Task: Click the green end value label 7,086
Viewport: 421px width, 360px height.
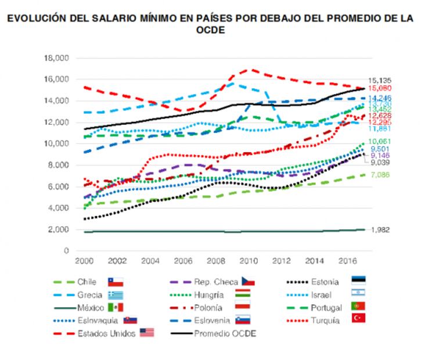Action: [379, 175]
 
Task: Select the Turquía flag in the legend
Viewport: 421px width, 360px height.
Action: [359, 319]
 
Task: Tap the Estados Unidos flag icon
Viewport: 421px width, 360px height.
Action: [147, 333]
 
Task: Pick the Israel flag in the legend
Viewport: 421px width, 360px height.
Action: [359, 294]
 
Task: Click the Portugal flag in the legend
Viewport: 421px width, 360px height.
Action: [359, 307]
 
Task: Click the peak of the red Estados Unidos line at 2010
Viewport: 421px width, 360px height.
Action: [249, 69]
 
